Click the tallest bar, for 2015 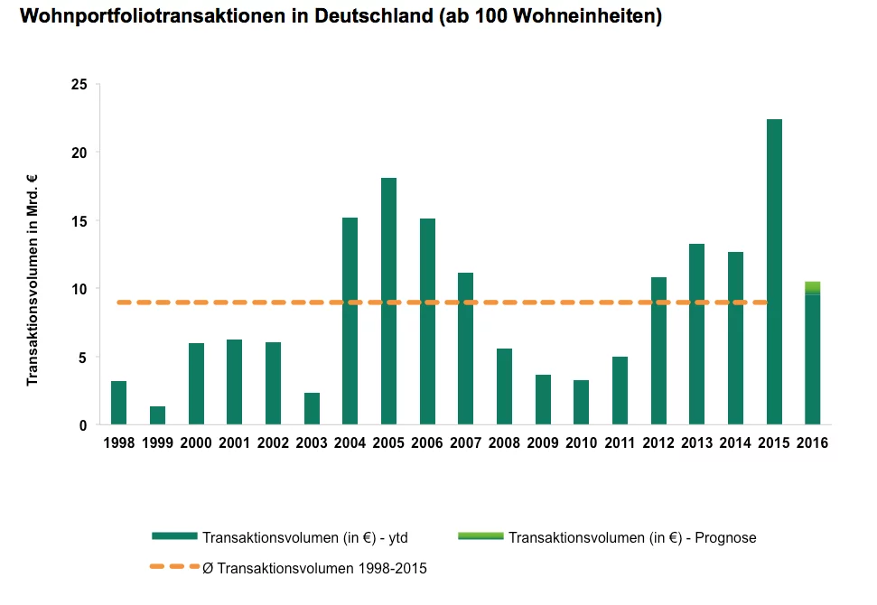tap(774, 272)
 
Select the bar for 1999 tap(157, 415)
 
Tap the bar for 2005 tap(388, 302)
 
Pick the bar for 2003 tap(312, 409)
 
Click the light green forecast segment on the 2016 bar tap(812, 287)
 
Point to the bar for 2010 tap(581, 403)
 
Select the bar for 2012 tap(658, 351)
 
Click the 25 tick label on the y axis tap(79, 85)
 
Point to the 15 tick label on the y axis tap(79, 221)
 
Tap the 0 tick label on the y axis tap(83, 425)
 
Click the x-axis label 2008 tap(504, 442)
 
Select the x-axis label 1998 tap(118, 442)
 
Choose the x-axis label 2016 tap(812, 442)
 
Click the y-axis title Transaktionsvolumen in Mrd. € tap(32, 280)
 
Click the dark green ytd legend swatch tap(174, 536)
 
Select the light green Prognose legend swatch tap(480, 536)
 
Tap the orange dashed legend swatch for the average tap(174, 567)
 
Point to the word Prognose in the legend tap(725, 538)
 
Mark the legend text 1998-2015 tap(392, 569)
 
